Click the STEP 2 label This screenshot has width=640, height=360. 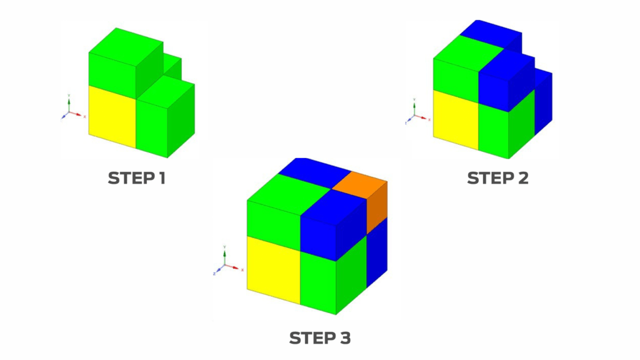pos(497,178)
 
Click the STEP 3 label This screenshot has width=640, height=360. pos(319,339)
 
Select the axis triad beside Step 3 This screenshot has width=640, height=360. pos(226,262)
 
